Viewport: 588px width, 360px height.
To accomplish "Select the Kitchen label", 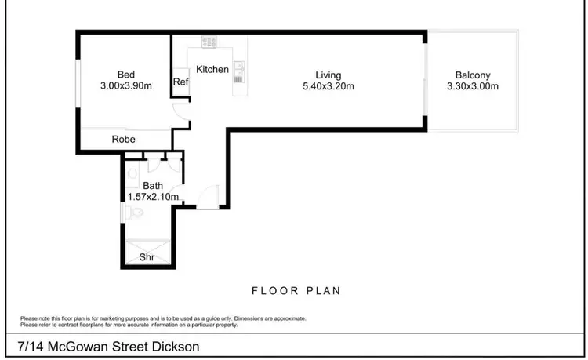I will coord(212,70).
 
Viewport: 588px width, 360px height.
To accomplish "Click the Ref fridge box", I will coord(180,82).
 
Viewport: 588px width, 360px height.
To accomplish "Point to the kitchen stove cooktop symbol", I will coord(209,41).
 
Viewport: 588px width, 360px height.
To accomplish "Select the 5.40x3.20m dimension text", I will coord(328,86).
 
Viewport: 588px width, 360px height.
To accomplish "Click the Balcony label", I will coord(472,75).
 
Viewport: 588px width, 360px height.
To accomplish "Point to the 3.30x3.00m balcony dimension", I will coord(472,87).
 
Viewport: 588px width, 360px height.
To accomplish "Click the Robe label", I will coord(124,140).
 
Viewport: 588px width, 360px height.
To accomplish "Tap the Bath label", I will coord(153,186).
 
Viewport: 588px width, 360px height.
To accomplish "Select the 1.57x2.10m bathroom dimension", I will coord(154,197).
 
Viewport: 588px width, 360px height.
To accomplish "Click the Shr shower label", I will coord(147,257).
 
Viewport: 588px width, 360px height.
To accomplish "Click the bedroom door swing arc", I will coord(181,115).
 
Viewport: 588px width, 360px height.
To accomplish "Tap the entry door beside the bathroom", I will coord(208,197).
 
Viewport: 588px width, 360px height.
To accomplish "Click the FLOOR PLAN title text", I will coord(296,291).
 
